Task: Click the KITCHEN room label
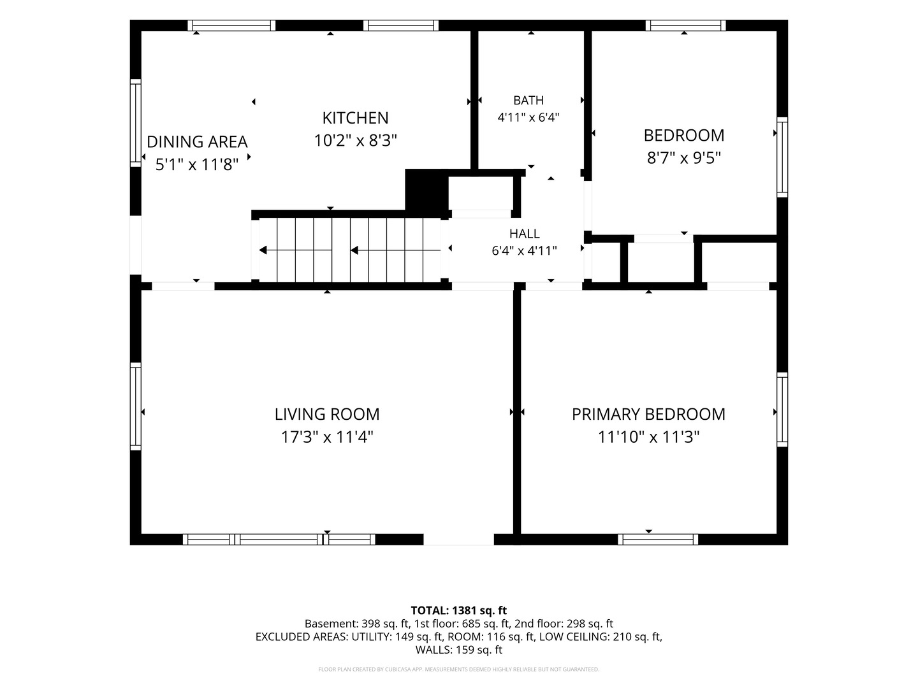[x=355, y=118]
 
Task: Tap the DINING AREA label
[x=197, y=142]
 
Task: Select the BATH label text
[x=528, y=100]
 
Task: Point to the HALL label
[x=525, y=234]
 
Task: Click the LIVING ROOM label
[x=327, y=414]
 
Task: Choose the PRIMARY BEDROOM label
[x=648, y=414]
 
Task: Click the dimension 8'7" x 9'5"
[x=684, y=159]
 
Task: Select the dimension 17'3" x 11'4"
[x=327, y=438]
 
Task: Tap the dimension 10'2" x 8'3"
[x=355, y=141]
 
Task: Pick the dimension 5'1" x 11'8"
[x=197, y=164]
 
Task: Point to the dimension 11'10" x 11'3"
[x=648, y=438]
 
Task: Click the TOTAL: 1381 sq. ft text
[x=459, y=611]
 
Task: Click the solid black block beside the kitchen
[x=426, y=192]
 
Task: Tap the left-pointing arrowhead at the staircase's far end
[x=263, y=250]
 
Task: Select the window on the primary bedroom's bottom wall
[x=658, y=540]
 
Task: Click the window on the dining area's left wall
[x=136, y=123]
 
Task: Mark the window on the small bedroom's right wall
[x=782, y=157]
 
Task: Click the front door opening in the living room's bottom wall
[x=459, y=540]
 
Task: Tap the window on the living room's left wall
[x=136, y=406]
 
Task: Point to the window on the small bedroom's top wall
[x=685, y=25]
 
